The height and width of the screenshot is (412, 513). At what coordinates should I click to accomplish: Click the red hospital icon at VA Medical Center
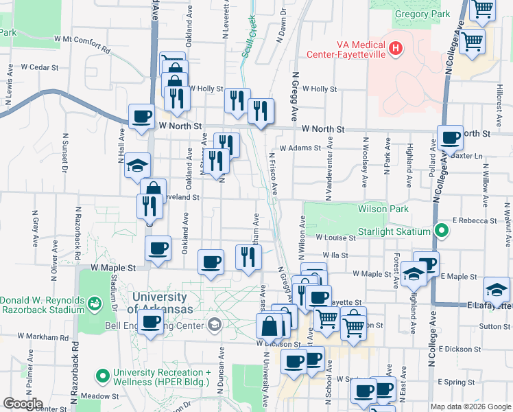395,48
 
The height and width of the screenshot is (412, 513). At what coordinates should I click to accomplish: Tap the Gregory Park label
422,14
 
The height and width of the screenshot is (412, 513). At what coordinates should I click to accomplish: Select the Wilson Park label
383,209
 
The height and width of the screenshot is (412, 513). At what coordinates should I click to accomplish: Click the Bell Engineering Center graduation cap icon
215,325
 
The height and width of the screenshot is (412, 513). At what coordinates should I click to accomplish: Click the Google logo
23,404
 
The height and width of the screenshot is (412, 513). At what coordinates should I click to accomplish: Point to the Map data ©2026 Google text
470,407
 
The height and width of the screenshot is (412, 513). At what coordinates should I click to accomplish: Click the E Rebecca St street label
475,221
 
